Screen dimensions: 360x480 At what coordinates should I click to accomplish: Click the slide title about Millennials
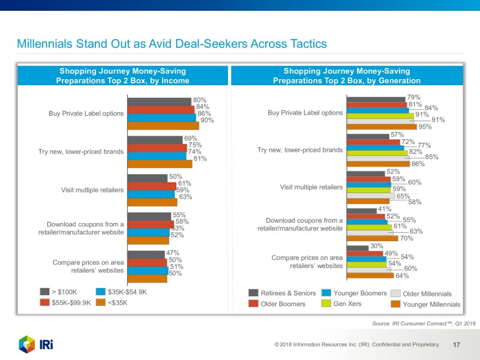(172, 44)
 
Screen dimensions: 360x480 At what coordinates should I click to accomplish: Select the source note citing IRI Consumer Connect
(424, 324)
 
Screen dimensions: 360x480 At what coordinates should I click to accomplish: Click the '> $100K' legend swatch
(44, 292)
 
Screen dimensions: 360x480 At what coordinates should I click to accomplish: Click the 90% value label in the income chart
(207, 121)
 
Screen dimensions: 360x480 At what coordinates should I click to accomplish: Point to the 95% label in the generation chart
(425, 127)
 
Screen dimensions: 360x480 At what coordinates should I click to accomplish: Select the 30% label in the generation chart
(377, 245)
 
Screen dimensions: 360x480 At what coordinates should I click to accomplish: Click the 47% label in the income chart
(173, 253)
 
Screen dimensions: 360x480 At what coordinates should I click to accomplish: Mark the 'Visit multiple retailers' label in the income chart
(92, 190)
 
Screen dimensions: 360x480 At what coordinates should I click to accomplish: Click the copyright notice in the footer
(356, 345)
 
